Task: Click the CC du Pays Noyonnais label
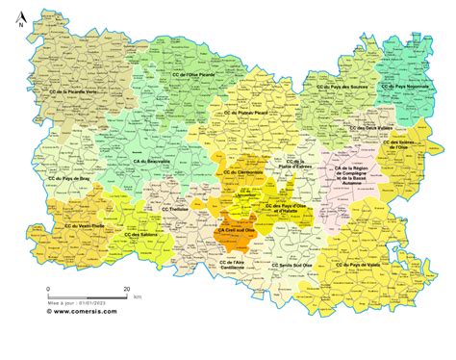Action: pos(404,86)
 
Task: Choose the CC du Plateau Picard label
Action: pos(248,113)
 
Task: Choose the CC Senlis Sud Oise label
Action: pos(296,265)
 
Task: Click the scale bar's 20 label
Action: pos(127,289)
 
